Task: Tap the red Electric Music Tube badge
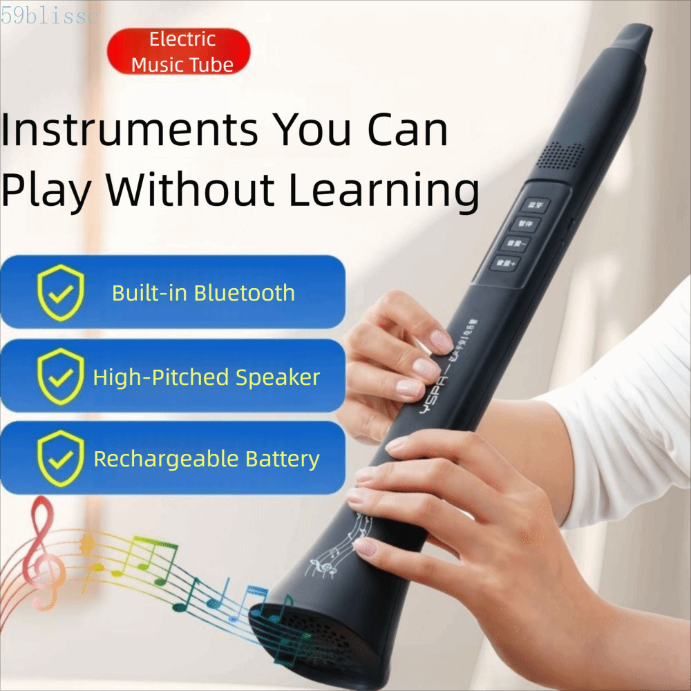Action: (179, 52)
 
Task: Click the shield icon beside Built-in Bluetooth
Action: (61, 292)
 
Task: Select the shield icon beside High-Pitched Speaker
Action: (61, 377)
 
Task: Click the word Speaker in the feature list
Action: (278, 377)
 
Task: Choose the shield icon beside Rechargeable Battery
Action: (61, 458)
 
